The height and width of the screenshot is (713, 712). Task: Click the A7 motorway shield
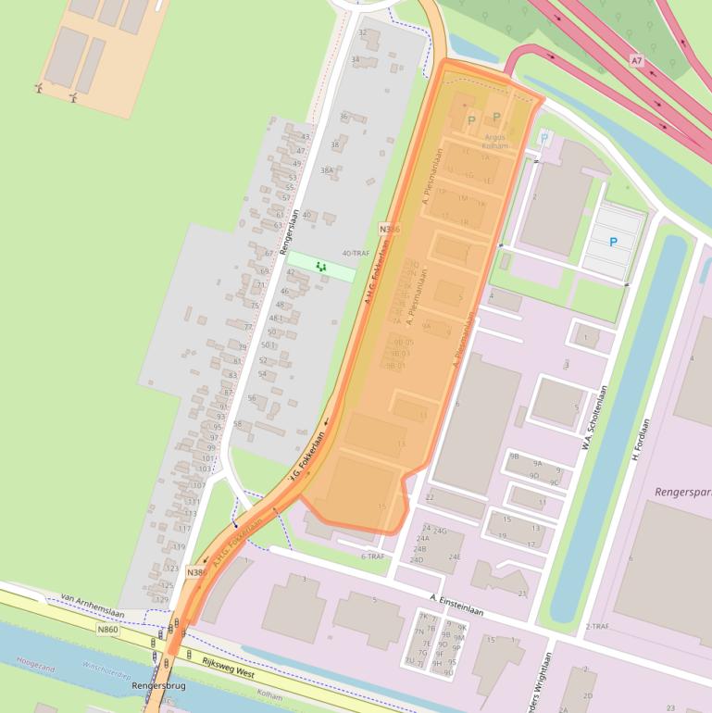click(x=636, y=60)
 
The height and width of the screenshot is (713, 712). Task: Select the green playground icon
click(x=321, y=266)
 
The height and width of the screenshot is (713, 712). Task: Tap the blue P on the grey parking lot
click(x=613, y=242)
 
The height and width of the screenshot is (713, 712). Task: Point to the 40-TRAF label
click(x=356, y=253)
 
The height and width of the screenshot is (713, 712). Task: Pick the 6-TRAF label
click(x=372, y=557)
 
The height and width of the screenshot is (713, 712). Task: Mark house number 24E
click(x=455, y=557)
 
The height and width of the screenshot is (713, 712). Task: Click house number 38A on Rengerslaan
click(x=327, y=170)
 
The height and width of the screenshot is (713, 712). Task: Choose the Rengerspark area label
click(x=683, y=492)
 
